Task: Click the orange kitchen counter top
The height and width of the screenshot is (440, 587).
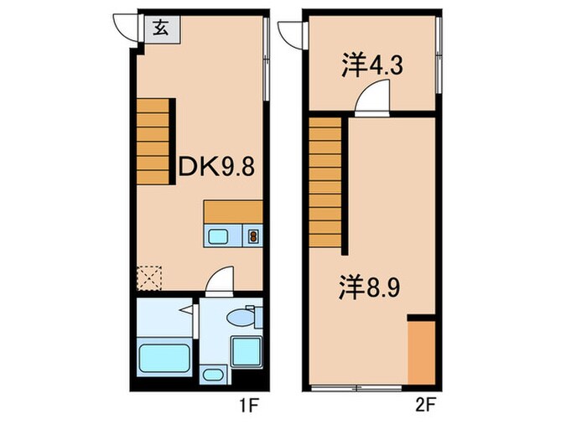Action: [233, 212]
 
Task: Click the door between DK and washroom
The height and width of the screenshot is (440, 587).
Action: [220, 281]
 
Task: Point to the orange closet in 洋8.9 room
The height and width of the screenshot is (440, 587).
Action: [421, 352]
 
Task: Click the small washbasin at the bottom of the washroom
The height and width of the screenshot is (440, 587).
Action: [214, 375]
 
